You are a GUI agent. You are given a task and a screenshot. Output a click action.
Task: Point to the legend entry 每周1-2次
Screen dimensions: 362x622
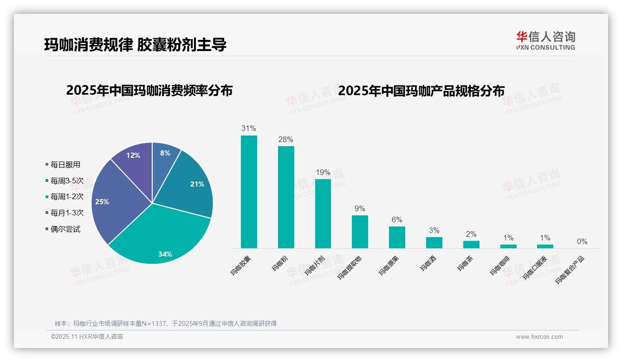click(x=67, y=197)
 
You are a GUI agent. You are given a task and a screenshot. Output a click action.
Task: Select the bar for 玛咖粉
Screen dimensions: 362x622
click(x=286, y=197)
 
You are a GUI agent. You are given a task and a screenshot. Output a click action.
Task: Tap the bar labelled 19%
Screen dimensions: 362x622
click(x=323, y=213)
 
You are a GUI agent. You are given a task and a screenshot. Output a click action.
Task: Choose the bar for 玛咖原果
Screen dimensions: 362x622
click(x=397, y=237)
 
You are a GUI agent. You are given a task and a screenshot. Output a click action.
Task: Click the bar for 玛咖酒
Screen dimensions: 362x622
click(x=434, y=243)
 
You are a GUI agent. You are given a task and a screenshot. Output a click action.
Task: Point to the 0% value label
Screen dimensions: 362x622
click(x=582, y=241)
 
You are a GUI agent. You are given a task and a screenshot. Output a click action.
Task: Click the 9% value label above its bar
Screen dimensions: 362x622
click(x=360, y=208)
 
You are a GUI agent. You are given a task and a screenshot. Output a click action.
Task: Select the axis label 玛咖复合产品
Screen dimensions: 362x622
click(x=570, y=270)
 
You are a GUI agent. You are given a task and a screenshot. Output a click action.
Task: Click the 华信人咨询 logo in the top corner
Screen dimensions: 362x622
click(x=545, y=40)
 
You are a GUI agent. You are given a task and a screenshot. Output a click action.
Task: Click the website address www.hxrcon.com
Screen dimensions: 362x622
click(x=539, y=337)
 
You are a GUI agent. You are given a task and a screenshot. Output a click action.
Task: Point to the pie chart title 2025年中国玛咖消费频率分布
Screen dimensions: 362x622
click(x=149, y=90)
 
